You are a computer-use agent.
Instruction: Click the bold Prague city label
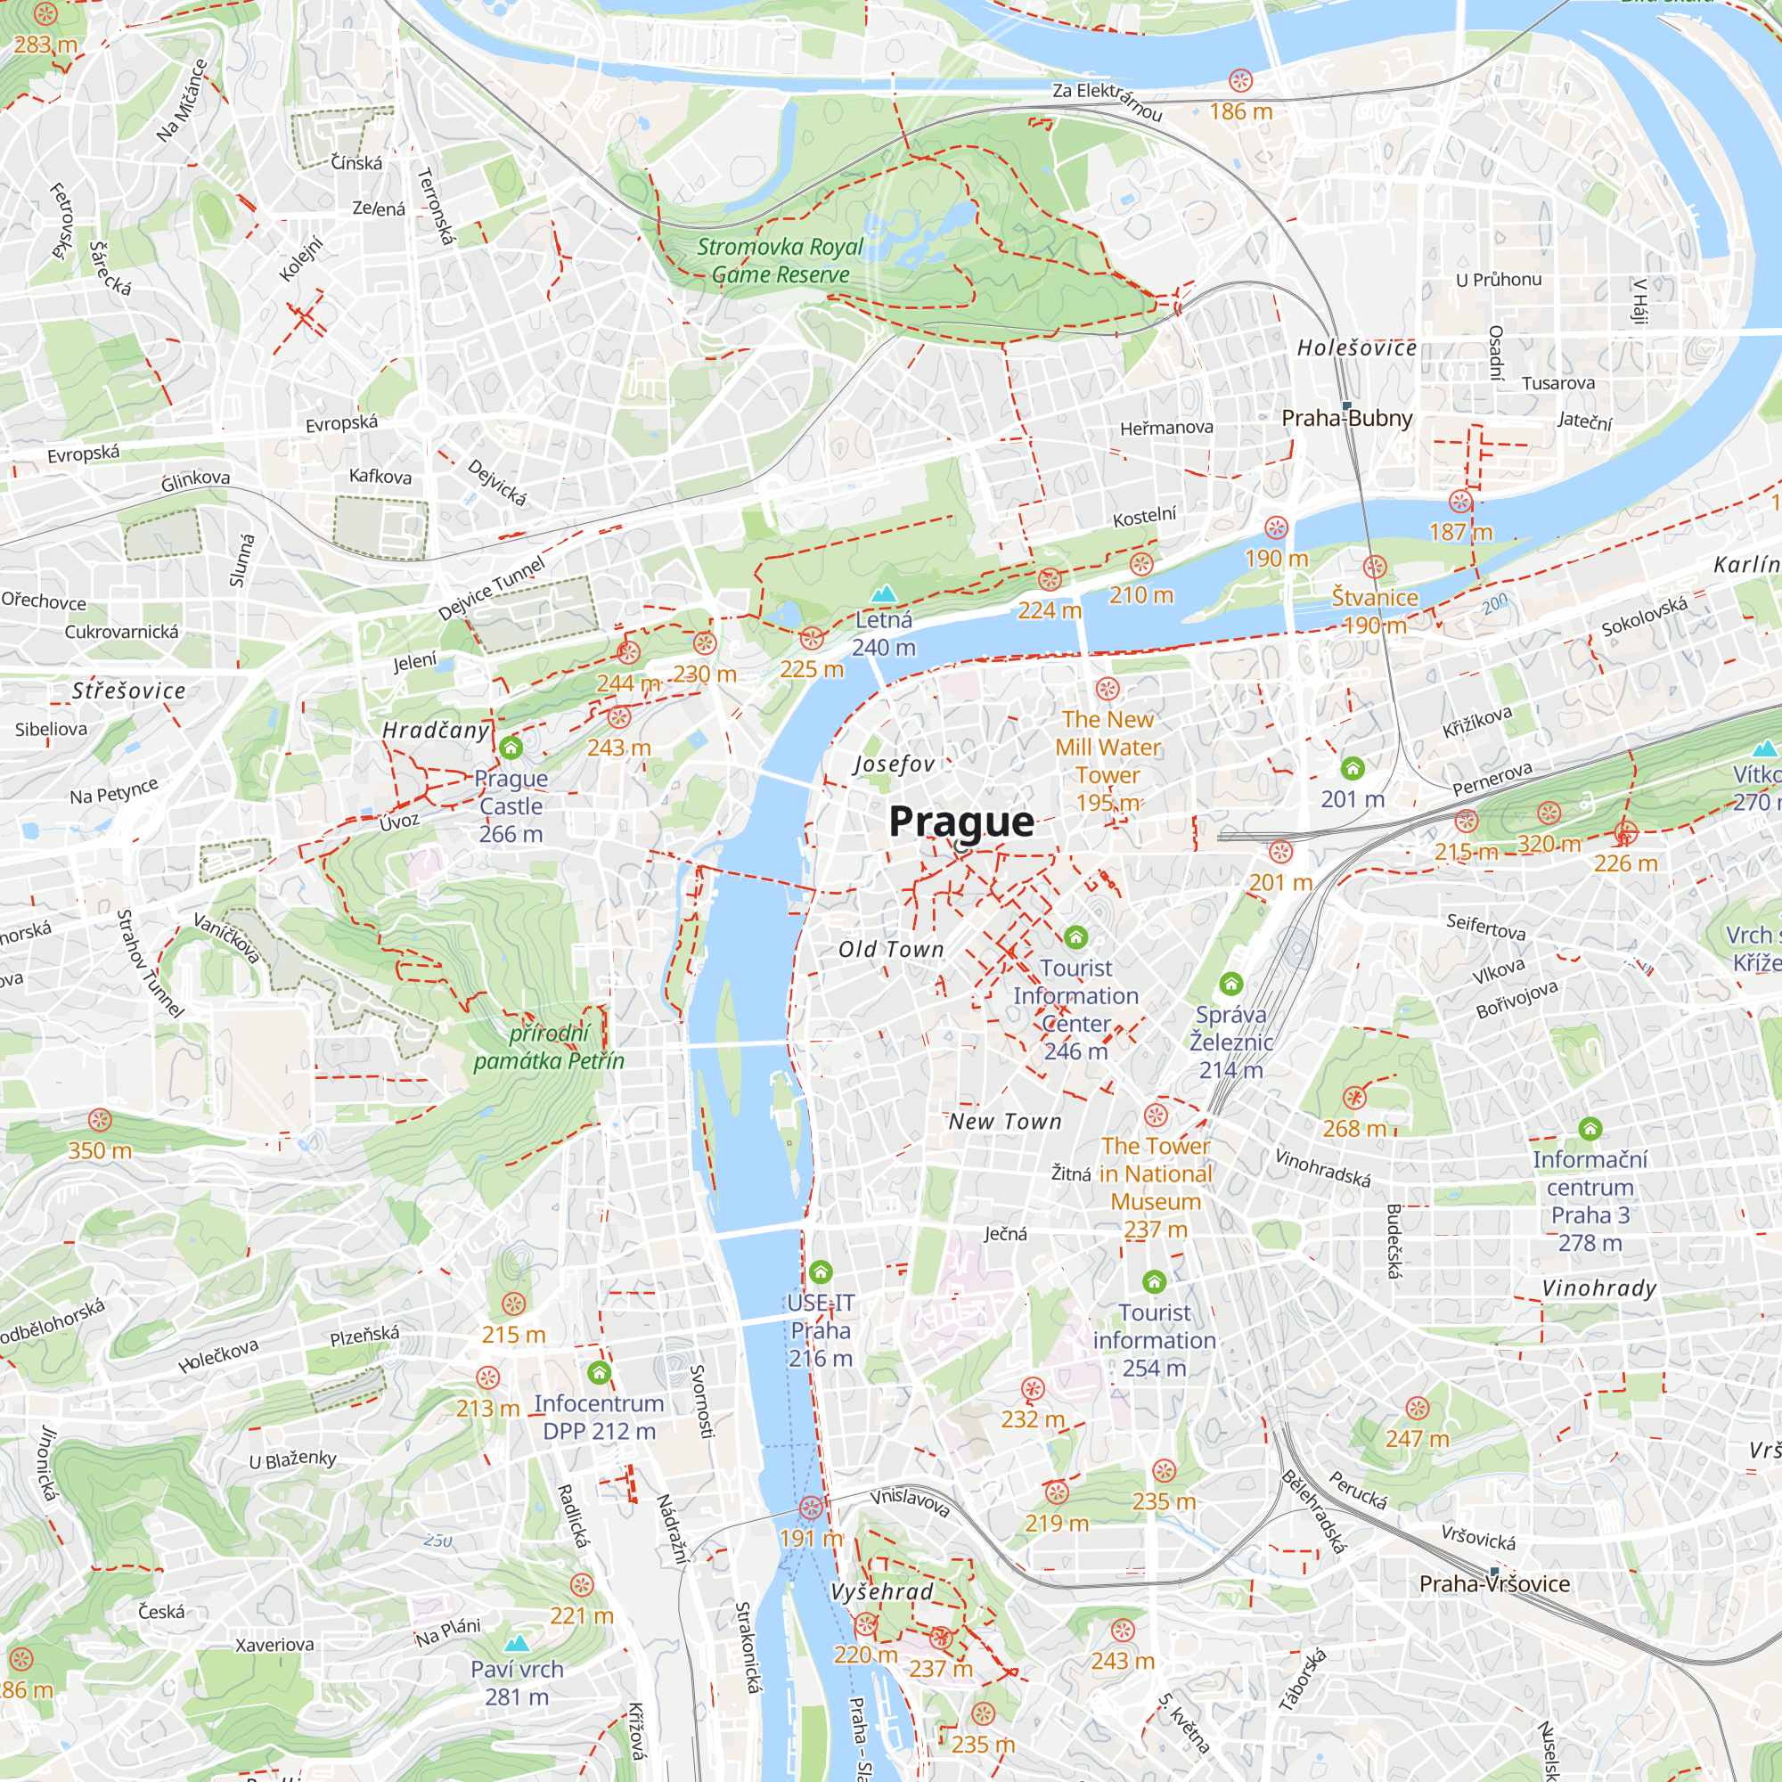click(960, 821)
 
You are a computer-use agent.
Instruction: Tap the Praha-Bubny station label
click(1346, 418)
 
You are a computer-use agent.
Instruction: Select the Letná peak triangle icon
click(884, 593)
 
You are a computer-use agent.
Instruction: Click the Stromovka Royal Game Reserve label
click(781, 260)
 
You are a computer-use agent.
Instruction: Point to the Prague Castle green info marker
click(511, 748)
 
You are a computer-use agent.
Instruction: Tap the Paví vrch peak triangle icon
click(517, 1642)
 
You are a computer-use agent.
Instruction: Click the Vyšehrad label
click(882, 1591)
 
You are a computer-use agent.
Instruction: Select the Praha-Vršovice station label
click(1494, 1583)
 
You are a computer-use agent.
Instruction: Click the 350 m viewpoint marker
click(100, 1120)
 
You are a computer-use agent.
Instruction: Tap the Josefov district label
click(894, 764)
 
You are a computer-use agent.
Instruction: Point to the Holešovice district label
click(1356, 347)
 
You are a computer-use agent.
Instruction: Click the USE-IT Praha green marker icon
click(820, 1273)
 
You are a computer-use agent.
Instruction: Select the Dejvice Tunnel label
click(492, 588)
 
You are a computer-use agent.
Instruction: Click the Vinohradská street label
click(1321, 1167)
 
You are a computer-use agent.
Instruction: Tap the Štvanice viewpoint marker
click(1374, 567)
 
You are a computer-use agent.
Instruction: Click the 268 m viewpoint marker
click(1353, 1098)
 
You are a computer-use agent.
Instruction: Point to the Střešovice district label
click(129, 690)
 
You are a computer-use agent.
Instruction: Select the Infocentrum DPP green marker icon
click(599, 1373)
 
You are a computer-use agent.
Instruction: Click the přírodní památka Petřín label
click(548, 1047)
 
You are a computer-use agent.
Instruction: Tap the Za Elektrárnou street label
click(1107, 101)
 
